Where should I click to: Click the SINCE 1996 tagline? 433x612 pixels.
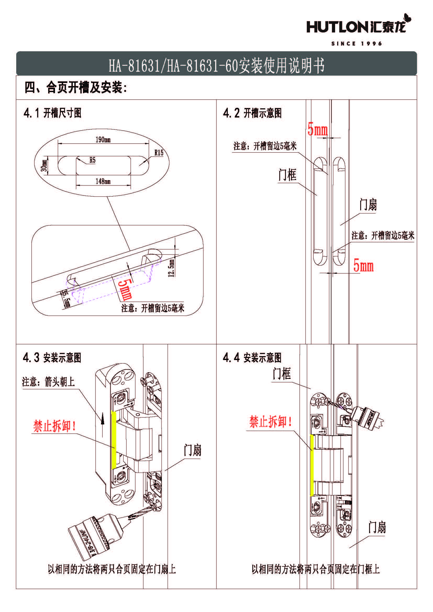coord(357,43)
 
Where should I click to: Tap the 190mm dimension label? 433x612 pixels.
coord(103,139)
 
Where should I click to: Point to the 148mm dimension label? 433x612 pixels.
coord(103,181)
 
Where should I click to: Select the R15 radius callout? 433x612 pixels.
coord(159,153)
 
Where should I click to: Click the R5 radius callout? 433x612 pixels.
coord(92,160)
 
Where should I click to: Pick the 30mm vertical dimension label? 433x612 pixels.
coord(44,165)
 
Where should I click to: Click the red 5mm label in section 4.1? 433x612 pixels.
coord(125,289)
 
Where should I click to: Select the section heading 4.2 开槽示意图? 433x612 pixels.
coord(252,113)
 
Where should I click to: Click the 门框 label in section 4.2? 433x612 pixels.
coord(287,175)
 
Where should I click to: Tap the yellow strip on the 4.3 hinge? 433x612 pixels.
coord(114,440)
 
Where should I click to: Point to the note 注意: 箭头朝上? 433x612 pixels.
coord(48,382)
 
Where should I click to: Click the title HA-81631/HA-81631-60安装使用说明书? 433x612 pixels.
coord(216,65)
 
